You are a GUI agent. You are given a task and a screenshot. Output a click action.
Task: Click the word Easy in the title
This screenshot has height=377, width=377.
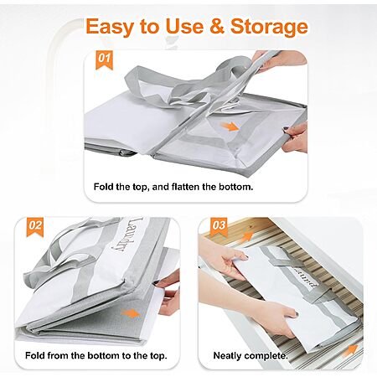tap(111, 26)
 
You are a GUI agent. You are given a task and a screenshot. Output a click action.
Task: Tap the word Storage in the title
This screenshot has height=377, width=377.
tap(269, 26)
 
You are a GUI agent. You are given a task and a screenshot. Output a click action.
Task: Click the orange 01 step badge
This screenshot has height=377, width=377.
tap(104, 59)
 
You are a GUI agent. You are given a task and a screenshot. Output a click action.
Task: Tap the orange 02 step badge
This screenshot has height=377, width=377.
tap(35, 226)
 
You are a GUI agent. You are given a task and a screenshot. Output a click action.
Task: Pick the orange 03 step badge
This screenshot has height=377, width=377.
tap(219, 226)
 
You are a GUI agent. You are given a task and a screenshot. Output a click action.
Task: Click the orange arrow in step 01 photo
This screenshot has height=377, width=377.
tap(230, 127)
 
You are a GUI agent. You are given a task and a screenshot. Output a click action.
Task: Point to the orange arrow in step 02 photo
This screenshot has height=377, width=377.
tap(131, 314)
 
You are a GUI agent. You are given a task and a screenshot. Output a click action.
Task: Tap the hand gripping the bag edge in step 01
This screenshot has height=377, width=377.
tap(296, 137)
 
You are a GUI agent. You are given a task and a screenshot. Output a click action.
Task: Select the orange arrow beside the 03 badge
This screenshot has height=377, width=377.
tap(246, 237)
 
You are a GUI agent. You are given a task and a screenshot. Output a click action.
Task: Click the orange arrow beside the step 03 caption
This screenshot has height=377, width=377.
tap(350, 350)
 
